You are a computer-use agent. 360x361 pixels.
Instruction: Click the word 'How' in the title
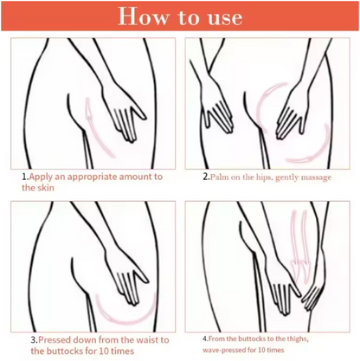pos(143,16)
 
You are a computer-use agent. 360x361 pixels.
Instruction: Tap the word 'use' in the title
pos(225,18)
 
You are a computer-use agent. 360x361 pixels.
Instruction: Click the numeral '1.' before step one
pos(25,177)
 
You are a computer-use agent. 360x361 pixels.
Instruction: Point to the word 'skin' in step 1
pos(46,188)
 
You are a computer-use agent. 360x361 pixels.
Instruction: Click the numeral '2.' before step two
pos(206,177)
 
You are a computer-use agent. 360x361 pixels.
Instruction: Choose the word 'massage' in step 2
pos(316,177)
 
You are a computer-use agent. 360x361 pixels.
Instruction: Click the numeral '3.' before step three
pos(35,340)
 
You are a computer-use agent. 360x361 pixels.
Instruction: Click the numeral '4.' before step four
pos(205,338)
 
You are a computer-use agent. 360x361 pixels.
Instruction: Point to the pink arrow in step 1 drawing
pos(94,130)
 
